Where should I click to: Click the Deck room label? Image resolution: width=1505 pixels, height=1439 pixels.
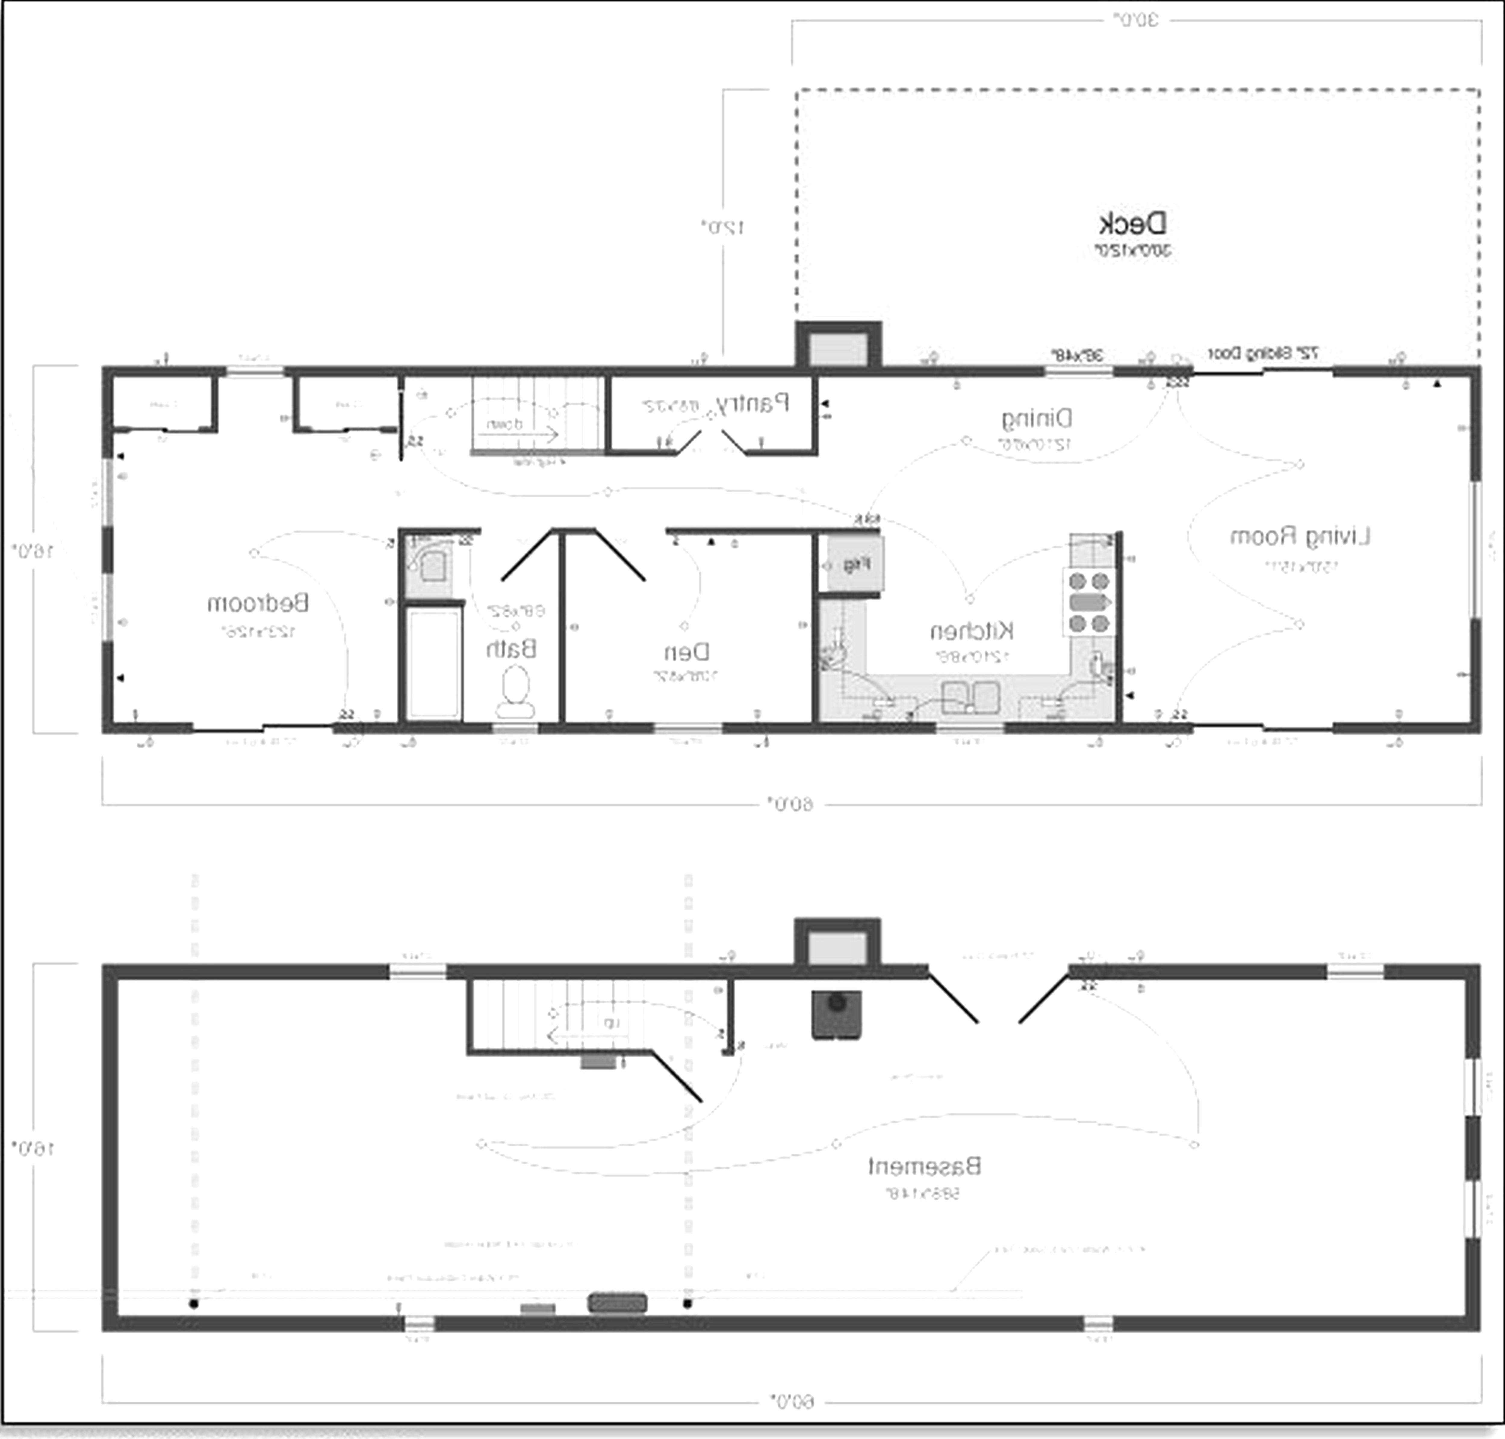[1132, 224]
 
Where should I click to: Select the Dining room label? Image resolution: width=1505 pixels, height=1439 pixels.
[1036, 419]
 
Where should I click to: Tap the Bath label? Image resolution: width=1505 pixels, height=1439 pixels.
[511, 649]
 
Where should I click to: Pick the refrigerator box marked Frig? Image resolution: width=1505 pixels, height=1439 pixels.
[855, 564]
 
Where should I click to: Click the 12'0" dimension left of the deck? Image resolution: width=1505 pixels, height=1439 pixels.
[723, 227]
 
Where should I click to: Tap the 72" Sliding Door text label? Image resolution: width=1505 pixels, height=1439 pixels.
[1263, 354]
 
